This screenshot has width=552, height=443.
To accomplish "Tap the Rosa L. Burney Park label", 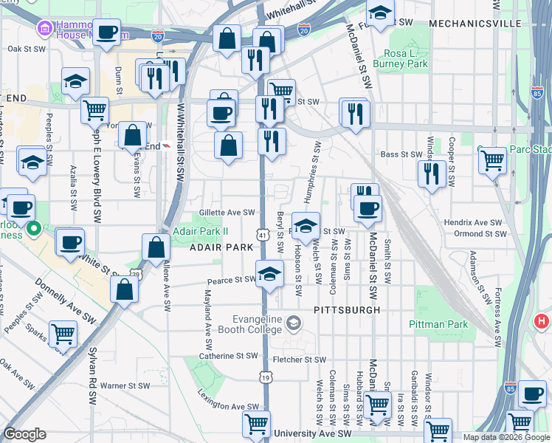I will click(x=406, y=59).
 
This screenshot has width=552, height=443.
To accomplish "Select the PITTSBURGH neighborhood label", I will click(x=347, y=310).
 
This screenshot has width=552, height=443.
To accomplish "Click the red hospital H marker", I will click(x=542, y=322).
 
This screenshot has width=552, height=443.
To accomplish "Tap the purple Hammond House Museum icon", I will click(x=44, y=28).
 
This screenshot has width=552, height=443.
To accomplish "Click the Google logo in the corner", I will click(x=25, y=434).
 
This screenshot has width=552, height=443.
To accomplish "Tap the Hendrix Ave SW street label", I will click(x=472, y=222).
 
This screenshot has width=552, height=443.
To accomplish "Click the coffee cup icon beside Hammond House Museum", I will click(x=107, y=33).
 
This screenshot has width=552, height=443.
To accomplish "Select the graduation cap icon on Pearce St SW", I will click(x=270, y=274).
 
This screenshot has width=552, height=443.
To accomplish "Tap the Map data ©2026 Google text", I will click(x=506, y=437).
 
